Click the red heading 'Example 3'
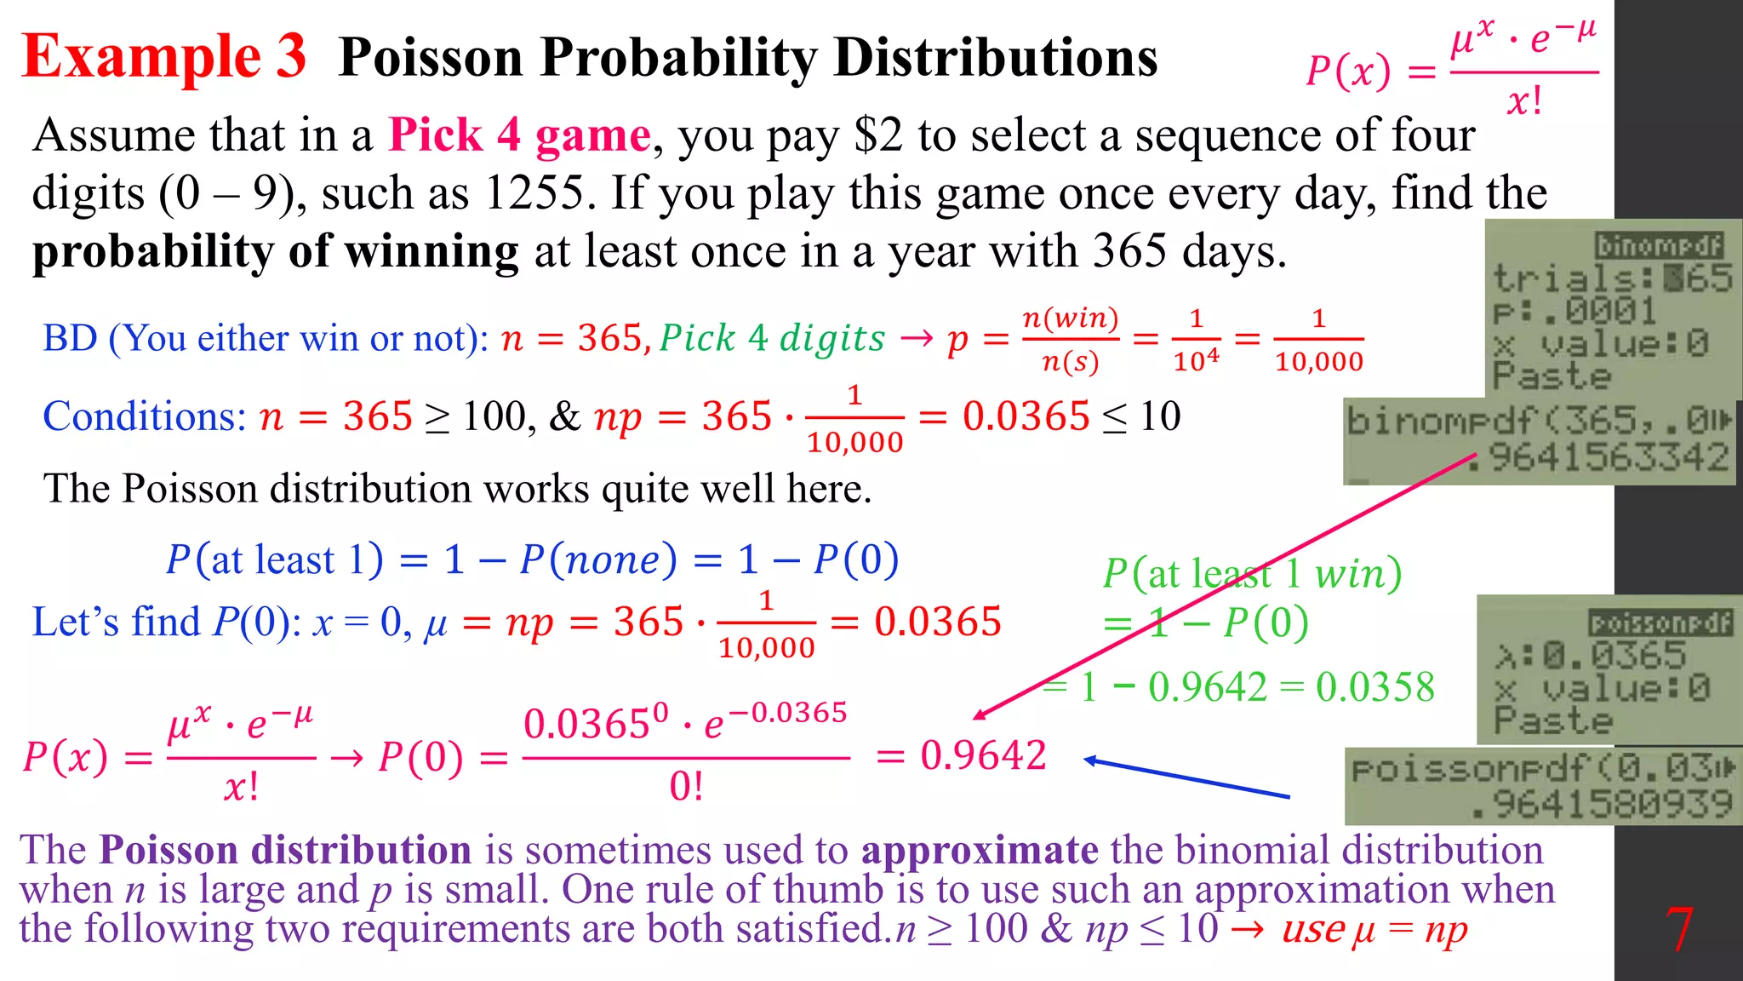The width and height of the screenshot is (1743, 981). pos(163,56)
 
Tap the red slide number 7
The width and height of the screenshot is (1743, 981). pos(1678,930)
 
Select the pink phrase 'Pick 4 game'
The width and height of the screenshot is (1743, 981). pos(519,135)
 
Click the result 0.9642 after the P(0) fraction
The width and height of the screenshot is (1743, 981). pos(983,755)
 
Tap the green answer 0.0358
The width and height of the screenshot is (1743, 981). pos(1374,687)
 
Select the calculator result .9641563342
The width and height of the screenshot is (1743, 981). pos(1609,458)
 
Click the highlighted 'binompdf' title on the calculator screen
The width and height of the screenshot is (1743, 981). pos(1659,246)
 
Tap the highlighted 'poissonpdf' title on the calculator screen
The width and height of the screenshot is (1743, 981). pos(1660,623)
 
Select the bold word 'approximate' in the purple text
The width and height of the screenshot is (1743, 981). pos(980,850)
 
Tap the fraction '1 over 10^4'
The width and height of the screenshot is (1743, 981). pos(1196,340)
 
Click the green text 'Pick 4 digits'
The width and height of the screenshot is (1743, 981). pos(772,338)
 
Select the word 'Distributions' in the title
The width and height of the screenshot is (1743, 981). pos(995,58)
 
